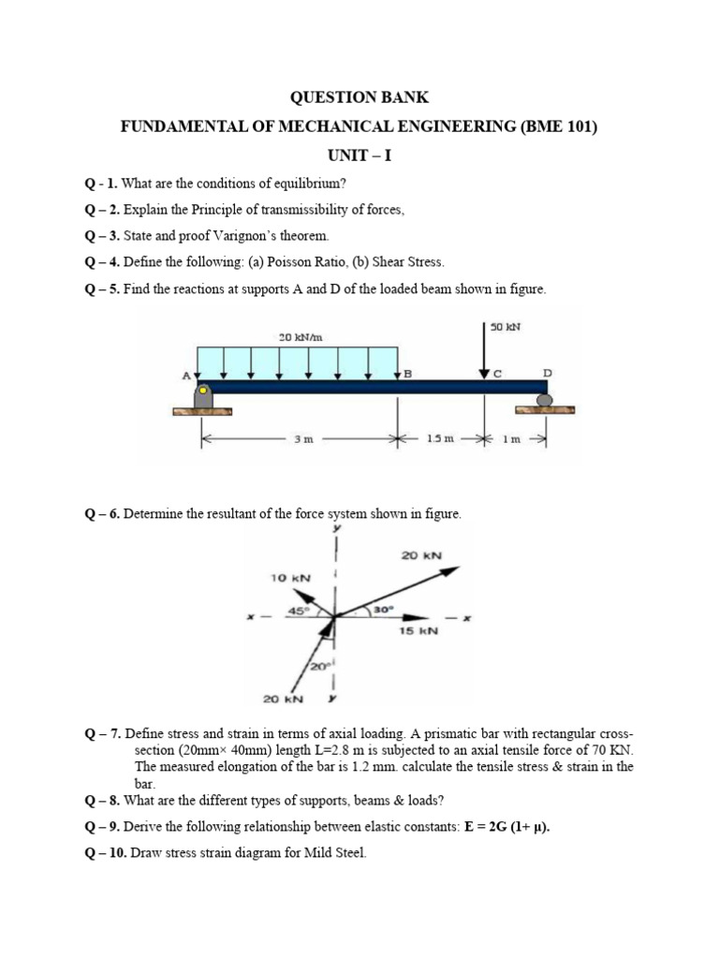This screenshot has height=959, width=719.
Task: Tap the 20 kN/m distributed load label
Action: (301, 336)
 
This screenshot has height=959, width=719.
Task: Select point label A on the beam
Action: (185, 375)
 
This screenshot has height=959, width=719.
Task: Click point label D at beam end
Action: (548, 373)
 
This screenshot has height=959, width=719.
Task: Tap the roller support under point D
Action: (544, 401)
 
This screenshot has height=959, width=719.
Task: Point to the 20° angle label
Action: (317, 667)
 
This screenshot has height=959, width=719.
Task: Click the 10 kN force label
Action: (290, 578)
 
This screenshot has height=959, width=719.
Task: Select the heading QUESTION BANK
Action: (359, 96)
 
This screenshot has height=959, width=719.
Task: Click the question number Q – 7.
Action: (101, 732)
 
